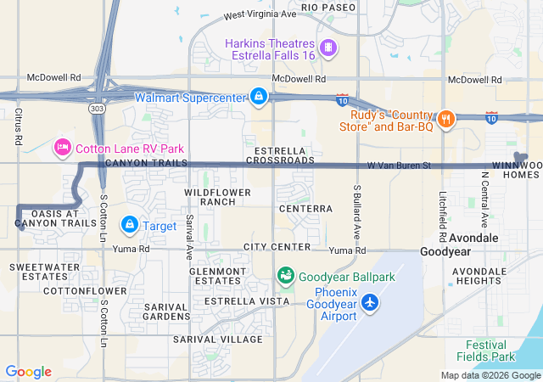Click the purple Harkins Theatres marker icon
tap(328, 47)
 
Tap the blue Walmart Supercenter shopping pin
tap(258, 97)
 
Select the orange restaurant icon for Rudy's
tap(445, 118)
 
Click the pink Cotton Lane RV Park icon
tap(62, 148)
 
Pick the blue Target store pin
tap(129, 225)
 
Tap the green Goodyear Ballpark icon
tap(285, 276)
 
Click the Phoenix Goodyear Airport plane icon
tap(370, 302)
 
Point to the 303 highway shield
tap(96, 109)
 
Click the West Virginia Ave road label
tap(260, 15)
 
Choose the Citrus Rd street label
tap(18, 125)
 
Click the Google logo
tap(28, 372)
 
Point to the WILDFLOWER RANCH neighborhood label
tap(218, 197)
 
